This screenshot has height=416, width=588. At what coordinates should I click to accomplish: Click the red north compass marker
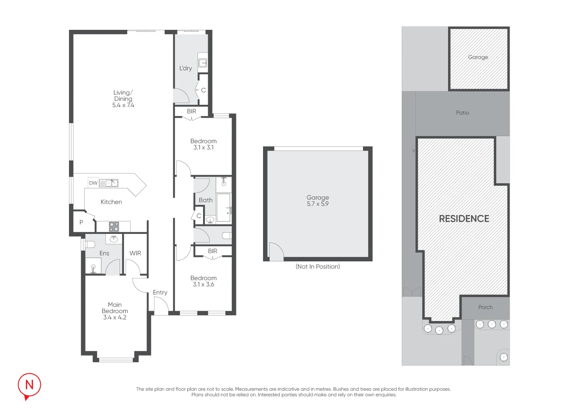pos(29,386)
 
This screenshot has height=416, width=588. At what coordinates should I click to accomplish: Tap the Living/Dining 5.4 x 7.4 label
pos(123,99)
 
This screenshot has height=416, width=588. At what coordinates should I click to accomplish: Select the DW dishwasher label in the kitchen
pos(93,183)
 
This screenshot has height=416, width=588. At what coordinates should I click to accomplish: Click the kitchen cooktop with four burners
pos(114,226)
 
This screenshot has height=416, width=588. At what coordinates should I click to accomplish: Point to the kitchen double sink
pos(109,183)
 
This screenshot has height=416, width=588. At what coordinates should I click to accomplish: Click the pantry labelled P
pos(82,222)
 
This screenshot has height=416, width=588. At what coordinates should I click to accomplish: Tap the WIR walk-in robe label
pos(135,253)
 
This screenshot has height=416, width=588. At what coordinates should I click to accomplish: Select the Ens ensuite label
pos(104,253)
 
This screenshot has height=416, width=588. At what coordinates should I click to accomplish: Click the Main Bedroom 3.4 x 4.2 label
pos(115,311)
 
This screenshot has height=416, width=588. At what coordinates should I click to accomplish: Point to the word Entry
pos(160,292)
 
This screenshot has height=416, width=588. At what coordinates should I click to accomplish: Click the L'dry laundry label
pos(185,68)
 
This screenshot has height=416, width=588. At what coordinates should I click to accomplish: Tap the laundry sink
pos(203,63)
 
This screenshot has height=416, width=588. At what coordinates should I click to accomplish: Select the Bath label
pos(205,200)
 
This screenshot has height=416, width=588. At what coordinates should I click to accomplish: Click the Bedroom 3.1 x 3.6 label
pos(203,281)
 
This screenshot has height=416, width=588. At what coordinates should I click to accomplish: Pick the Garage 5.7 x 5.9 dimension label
pos(318,201)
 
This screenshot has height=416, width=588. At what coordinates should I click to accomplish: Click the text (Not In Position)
pos(318,266)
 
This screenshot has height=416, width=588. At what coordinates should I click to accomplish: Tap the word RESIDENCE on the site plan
pos(464,219)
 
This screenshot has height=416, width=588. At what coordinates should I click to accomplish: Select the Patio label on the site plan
pos(463,113)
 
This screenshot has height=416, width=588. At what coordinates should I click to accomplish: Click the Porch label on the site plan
pos(485,307)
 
